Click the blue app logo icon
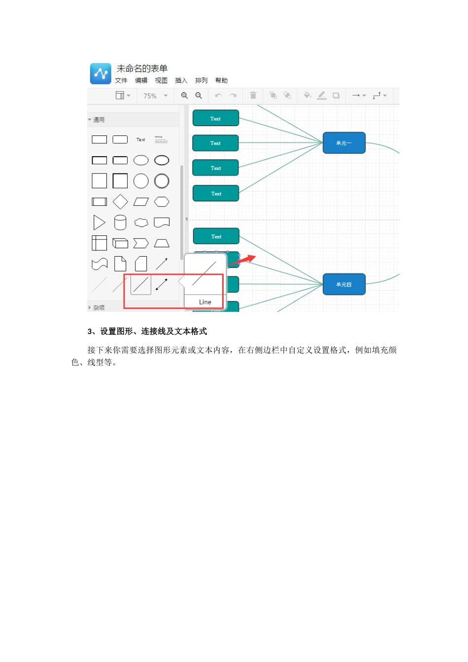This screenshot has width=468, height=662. (100, 74)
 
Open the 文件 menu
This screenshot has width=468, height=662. (121, 81)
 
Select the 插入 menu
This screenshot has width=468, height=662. (181, 81)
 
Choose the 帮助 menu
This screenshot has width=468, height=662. (221, 81)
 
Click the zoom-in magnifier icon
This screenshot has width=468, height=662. (184, 96)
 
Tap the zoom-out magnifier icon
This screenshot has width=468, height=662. (199, 96)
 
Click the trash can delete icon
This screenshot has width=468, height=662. (253, 96)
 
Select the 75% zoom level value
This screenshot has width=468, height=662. (150, 96)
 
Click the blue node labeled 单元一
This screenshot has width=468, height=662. (344, 143)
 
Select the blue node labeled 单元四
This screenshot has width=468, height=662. (344, 284)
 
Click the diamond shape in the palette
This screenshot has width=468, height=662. (120, 201)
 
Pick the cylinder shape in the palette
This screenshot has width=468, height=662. (120, 223)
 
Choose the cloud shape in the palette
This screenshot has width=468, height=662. (141, 223)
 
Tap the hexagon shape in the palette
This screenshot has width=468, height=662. (162, 201)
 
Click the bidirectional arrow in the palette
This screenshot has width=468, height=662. (162, 284)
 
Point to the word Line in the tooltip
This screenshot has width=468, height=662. (205, 302)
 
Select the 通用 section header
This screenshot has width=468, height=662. (99, 120)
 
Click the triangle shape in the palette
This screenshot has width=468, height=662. (99, 223)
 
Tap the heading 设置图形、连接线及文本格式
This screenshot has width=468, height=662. (153, 331)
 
